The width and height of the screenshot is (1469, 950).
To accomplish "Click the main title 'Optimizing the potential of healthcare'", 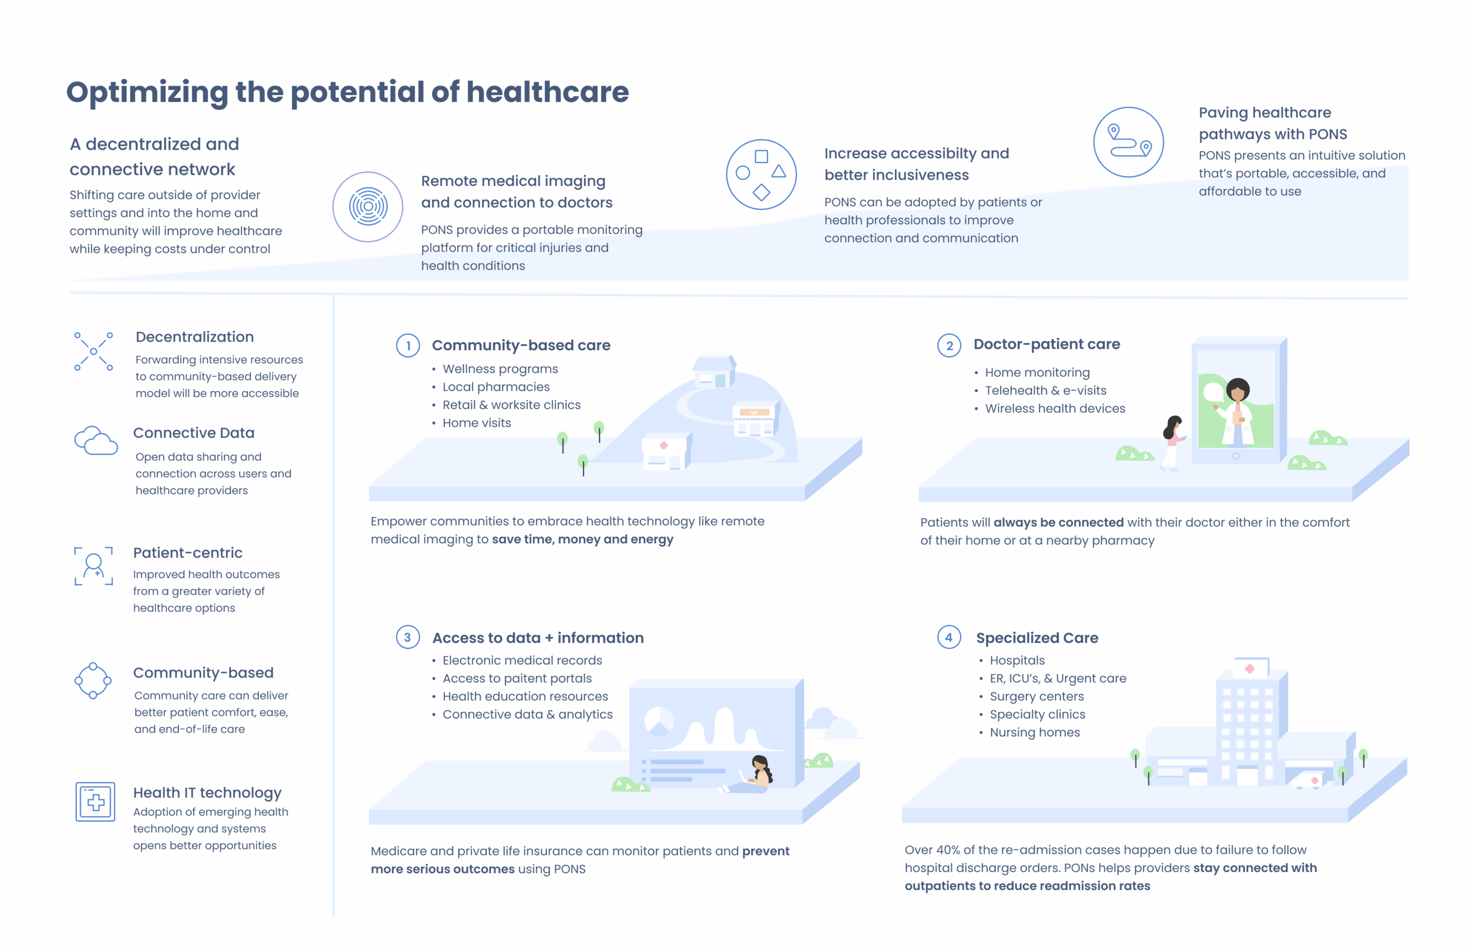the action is point(347,93).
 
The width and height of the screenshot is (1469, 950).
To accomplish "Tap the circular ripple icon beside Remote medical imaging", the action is point(368,207).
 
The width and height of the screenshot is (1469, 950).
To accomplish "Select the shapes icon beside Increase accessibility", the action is point(761,174).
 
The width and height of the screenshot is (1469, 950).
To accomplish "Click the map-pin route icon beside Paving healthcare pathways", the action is point(1128,142).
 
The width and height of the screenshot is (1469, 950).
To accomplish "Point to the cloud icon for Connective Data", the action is point(96,441).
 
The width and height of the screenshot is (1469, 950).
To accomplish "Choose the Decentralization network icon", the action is point(93,352).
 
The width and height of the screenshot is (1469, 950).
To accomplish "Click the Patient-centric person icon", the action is point(94,565).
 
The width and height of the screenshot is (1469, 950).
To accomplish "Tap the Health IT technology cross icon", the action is point(95,801).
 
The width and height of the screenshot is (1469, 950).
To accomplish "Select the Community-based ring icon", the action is point(93,681).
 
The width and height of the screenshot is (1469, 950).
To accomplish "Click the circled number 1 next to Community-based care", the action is point(407,345).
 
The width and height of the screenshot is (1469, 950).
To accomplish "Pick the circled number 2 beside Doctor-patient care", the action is point(948,345).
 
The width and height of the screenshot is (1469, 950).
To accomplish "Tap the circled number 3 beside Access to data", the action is point(407,637).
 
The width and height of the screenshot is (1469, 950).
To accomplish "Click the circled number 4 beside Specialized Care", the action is point(948,637).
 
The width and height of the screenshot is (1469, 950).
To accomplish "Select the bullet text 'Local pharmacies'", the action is point(495,387).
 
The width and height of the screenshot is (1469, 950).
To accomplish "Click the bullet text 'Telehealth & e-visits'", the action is point(1045,390).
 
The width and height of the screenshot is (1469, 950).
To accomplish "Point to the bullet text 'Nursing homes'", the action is point(1035,732).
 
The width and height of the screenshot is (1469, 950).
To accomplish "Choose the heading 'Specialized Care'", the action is point(1037,638).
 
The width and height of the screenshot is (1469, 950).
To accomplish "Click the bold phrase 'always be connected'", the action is point(1058,523).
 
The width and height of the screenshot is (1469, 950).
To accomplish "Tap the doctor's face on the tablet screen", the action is point(1237,392).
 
